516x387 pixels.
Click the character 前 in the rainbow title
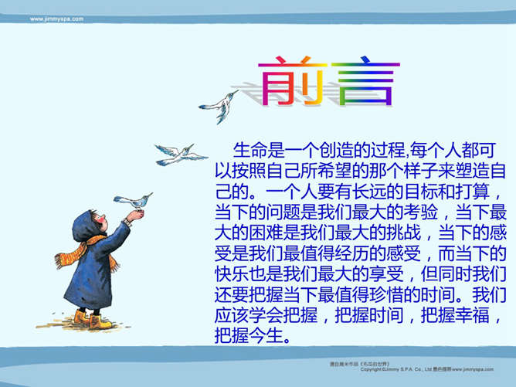point(287,80)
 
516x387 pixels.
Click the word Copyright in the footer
point(375,370)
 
